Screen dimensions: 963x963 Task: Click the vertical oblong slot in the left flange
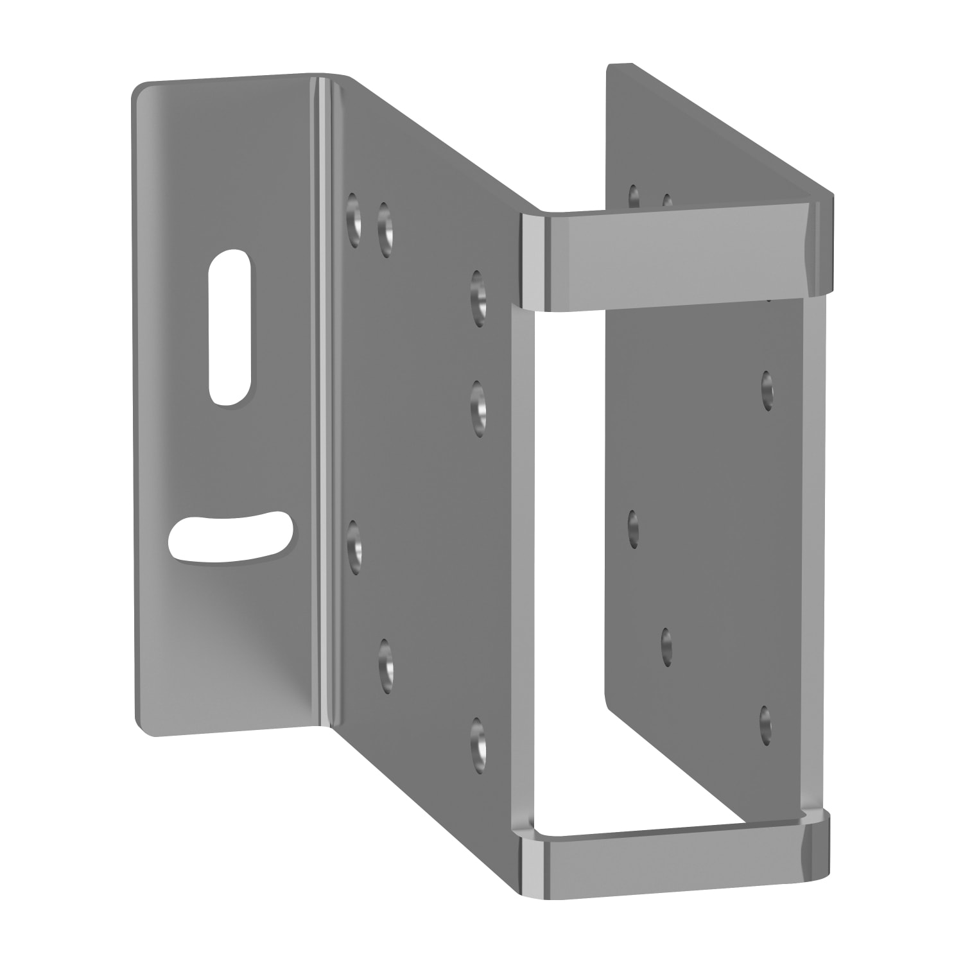point(229,327)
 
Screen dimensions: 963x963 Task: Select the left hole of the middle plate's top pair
point(353,220)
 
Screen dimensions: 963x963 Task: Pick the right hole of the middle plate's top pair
point(385,229)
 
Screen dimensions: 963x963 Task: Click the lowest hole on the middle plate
point(478,745)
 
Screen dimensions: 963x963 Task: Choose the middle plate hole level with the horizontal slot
point(354,547)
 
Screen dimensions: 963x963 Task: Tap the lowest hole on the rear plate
point(765,725)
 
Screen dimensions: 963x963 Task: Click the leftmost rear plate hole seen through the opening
point(633,528)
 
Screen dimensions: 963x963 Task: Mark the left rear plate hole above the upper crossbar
point(634,196)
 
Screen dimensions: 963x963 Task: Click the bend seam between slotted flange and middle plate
point(321,411)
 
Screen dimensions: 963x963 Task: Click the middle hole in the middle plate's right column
point(478,408)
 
